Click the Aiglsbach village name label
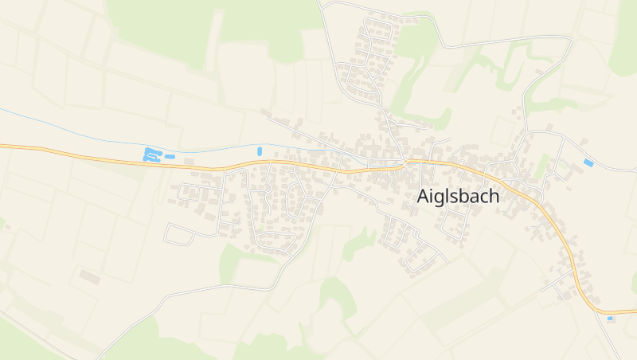click(x=459, y=197)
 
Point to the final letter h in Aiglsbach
click(x=494, y=197)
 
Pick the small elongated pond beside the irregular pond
click(x=170, y=157)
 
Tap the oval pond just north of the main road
click(x=260, y=151)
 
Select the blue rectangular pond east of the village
click(x=588, y=162)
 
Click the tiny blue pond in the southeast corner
click(x=611, y=319)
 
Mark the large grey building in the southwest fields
click(x=90, y=277)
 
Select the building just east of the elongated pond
click(x=190, y=162)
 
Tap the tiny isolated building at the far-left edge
click(x=7, y=227)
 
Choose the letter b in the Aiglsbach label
click(x=467, y=197)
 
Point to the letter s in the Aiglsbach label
click(x=457, y=199)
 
